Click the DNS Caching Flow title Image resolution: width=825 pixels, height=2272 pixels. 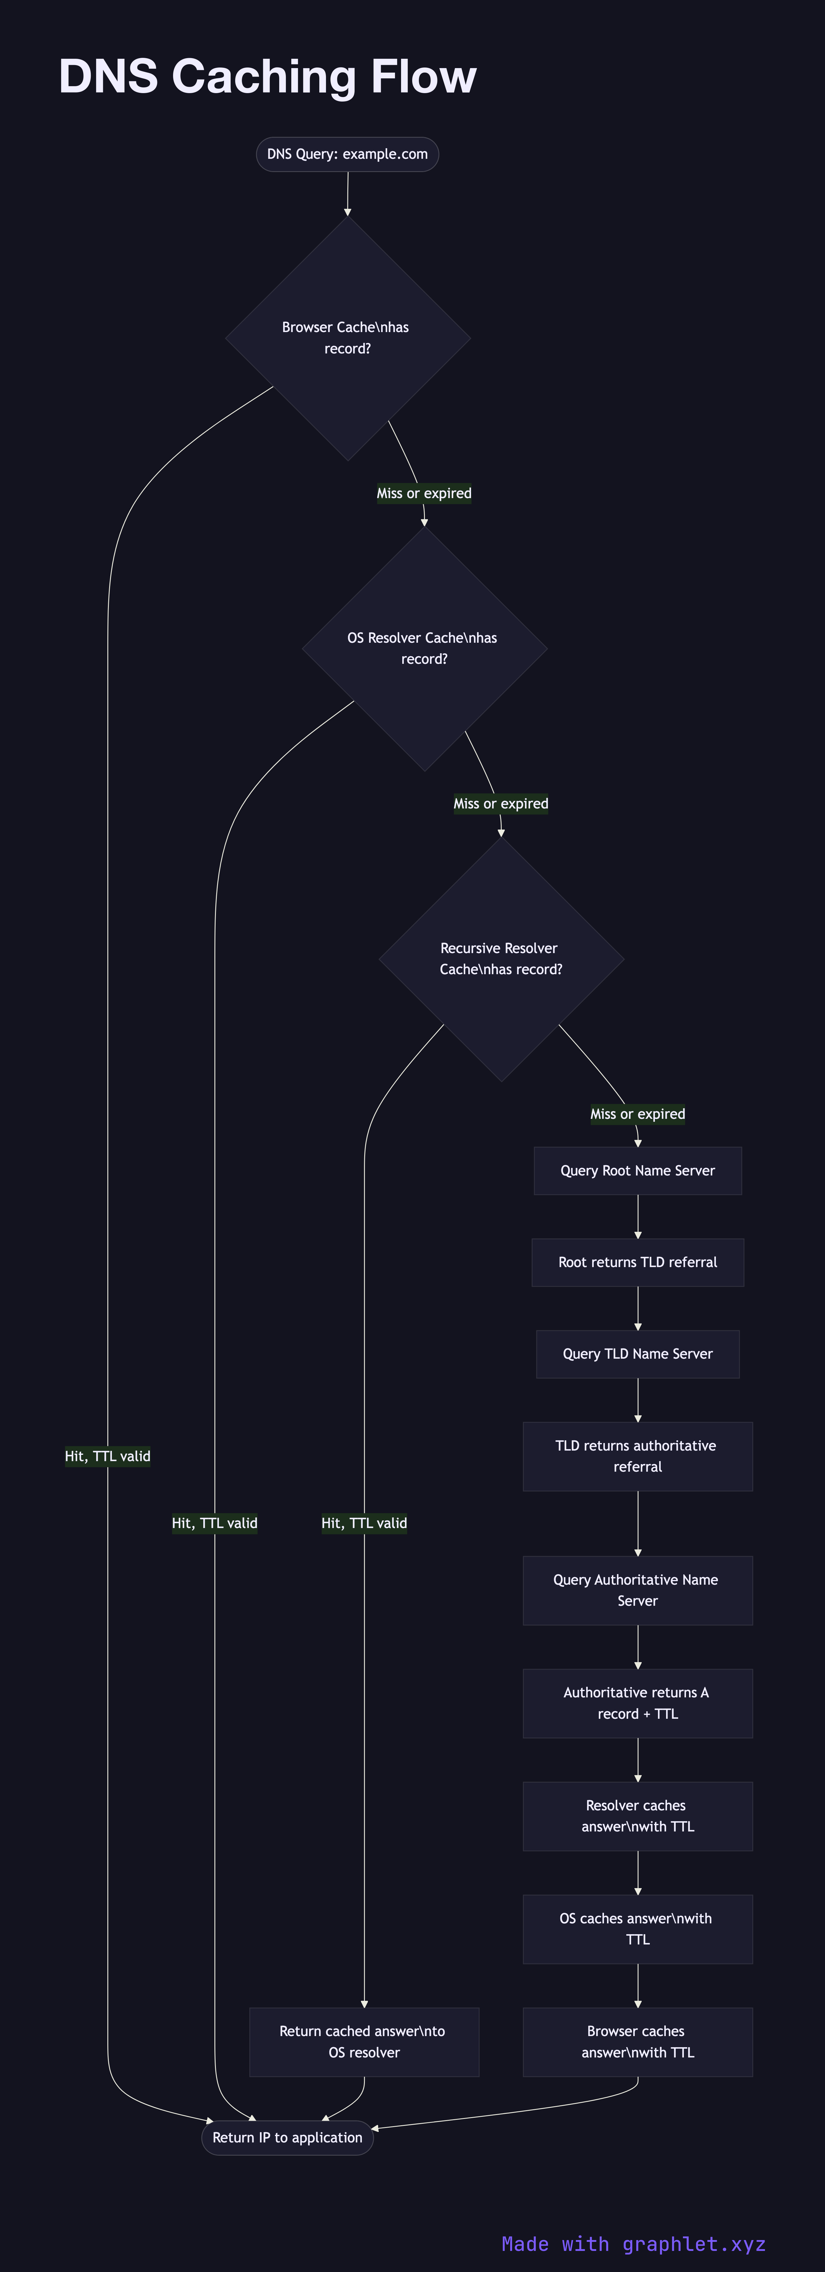pyautogui.click(x=267, y=77)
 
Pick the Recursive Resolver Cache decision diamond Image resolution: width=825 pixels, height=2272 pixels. pyautogui.click(x=501, y=959)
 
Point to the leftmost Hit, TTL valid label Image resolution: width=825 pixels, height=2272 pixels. pyautogui.click(x=108, y=1456)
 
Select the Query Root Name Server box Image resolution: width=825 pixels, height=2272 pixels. pyautogui.click(x=637, y=1170)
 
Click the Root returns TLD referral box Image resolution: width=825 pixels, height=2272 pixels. pyautogui.click(x=637, y=1262)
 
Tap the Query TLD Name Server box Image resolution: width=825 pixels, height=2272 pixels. pyautogui.click(x=637, y=1354)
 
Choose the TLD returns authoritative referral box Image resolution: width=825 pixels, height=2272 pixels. pyautogui.click(x=637, y=1456)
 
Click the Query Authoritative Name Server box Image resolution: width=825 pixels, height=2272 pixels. pyautogui.click(x=637, y=1590)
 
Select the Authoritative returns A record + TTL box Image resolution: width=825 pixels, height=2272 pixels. pyautogui.click(x=637, y=1703)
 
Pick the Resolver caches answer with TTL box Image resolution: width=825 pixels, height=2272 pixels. pyautogui.click(x=637, y=1816)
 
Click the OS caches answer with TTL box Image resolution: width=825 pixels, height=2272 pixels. pyautogui.click(x=637, y=1929)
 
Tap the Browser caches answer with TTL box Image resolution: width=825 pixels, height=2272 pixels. pyautogui.click(x=637, y=2042)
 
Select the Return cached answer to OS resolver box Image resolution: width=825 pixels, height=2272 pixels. pyautogui.click(x=364, y=2042)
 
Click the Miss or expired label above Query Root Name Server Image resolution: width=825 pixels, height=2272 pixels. pyautogui.click(x=637, y=1114)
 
